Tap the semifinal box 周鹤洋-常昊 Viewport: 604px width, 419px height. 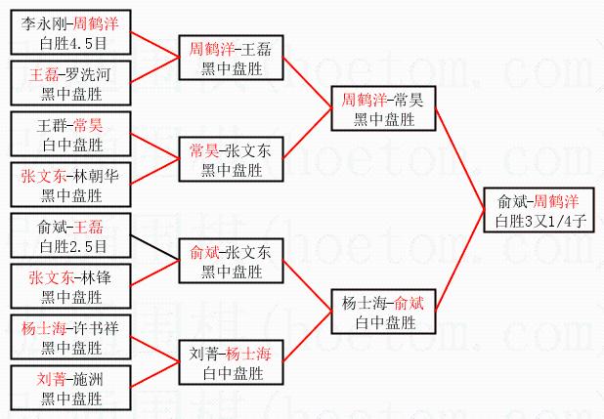point(382,108)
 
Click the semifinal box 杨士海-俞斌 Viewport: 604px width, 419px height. point(382,312)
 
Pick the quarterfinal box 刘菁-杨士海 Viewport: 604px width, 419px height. point(232,362)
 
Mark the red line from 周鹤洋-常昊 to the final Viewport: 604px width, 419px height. point(459,156)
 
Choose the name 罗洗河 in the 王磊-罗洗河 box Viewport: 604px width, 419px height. point(87,74)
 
